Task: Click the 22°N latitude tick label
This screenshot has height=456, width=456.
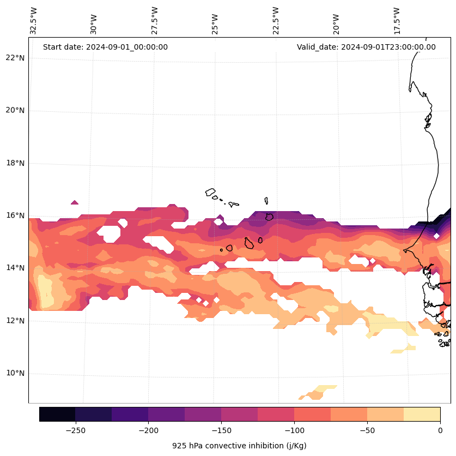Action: [x=14, y=58]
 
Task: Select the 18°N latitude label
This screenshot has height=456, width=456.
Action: [x=14, y=163]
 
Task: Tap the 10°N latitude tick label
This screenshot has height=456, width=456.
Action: [x=14, y=374]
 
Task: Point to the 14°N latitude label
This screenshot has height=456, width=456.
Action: [x=14, y=268]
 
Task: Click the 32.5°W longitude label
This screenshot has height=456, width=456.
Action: [x=34, y=21]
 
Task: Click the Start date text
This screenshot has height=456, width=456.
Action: [x=105, y=47]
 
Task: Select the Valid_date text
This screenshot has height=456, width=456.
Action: [x=366, y=47]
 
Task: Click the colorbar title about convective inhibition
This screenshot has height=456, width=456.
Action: [x=239, y=446]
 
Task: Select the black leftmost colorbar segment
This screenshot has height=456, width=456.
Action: [x=57, y=414]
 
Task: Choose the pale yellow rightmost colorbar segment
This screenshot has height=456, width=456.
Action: [x=422, y=414]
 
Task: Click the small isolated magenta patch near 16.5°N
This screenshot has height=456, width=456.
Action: [x=75, y=202]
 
